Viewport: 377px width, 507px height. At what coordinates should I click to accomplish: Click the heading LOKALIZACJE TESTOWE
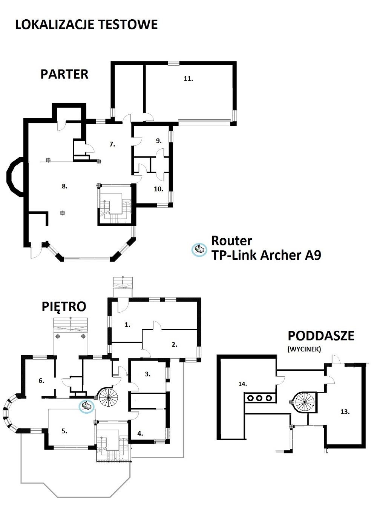pos(86,25)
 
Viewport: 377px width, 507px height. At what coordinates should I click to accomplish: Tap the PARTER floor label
pos(64,74)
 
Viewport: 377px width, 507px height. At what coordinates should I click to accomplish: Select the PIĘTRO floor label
pos(64,307)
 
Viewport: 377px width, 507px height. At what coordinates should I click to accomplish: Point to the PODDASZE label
pos(321,336)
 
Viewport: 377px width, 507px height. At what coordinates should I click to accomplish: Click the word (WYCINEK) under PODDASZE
pos(304,349)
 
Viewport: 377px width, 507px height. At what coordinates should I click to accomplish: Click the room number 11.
pos(188,79)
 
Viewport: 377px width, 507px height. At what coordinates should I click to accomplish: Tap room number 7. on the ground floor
pos(112,144)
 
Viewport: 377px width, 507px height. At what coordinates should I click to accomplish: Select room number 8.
pos(64,186)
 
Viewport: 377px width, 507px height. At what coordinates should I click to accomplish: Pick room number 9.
pos(159,141)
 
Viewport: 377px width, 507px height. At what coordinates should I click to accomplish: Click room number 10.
pos(159,189)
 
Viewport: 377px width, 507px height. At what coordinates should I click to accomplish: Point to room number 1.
pos(128,325)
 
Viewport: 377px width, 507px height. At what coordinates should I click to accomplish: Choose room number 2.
pos(175,345)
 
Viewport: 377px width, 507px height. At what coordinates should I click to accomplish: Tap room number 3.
pos(148,374)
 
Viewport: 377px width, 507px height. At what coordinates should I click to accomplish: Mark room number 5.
pos(64,431)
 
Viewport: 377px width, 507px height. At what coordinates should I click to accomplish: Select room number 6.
pos(41,381)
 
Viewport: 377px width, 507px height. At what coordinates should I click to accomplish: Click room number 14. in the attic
pos(243,384)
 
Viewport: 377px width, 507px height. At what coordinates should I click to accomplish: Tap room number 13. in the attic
pos(345,412)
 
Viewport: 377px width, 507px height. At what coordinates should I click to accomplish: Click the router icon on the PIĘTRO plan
pos(87,406)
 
